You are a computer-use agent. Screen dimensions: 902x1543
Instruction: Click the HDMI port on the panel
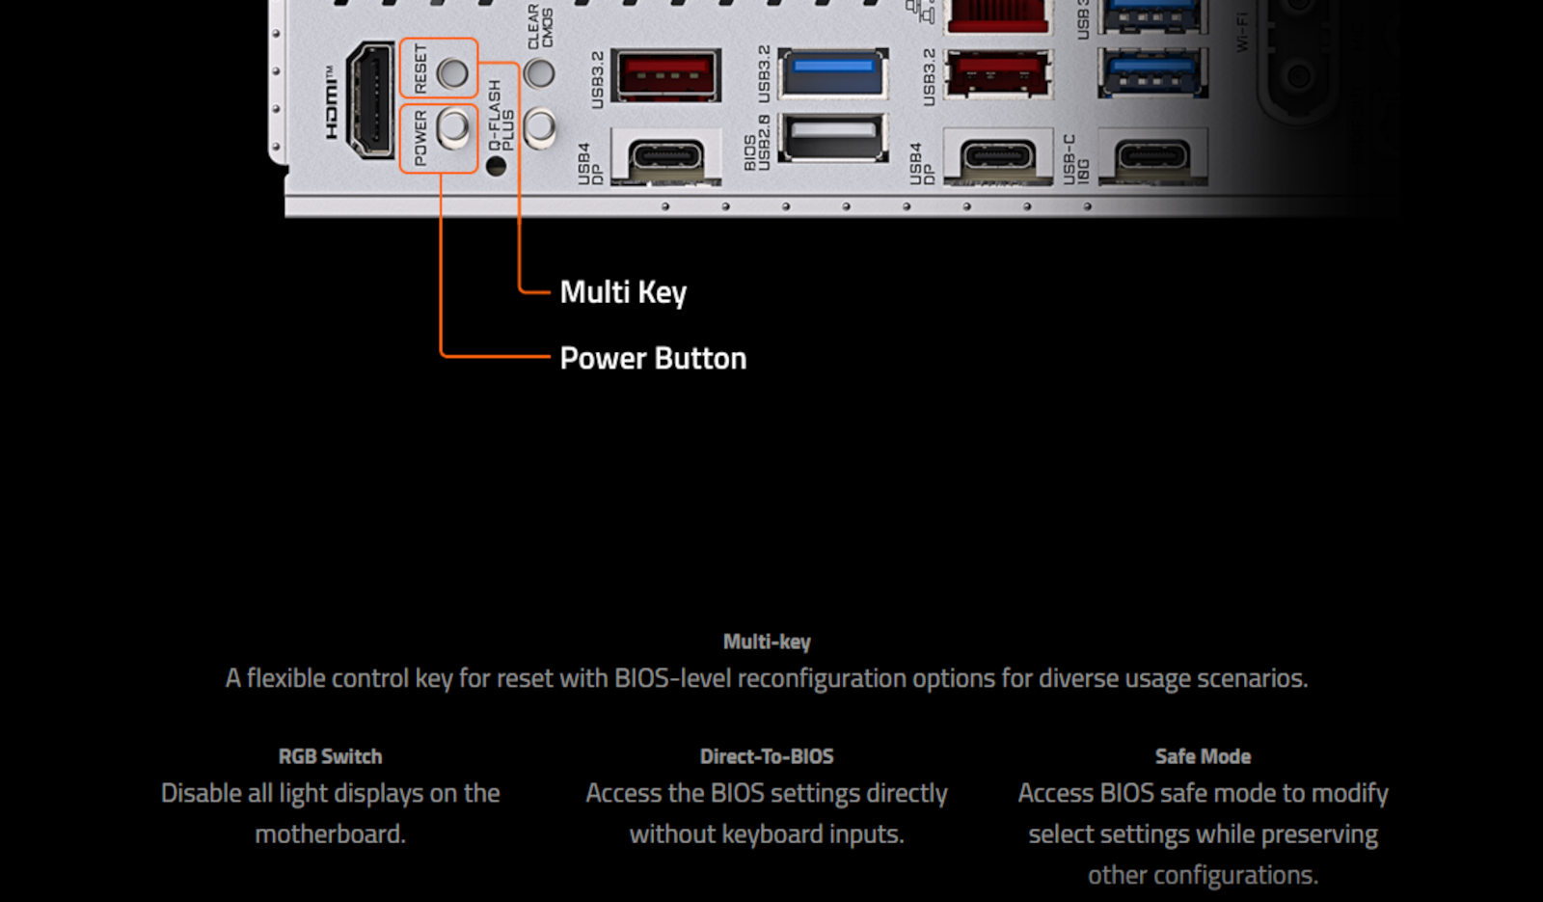(369, 99)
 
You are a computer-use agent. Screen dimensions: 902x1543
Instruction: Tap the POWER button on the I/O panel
(453, 128)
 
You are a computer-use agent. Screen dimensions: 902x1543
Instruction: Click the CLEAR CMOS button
(539, 73)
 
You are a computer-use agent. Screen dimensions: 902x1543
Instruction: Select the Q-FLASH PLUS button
(539, 127)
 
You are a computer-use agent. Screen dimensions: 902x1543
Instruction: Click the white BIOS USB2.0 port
(832, 136)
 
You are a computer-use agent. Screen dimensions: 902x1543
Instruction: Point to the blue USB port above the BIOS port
(832, 73)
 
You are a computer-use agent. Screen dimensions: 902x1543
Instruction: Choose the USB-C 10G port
(1151, 156)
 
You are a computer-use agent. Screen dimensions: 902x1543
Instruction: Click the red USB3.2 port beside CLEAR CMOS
(666, 74)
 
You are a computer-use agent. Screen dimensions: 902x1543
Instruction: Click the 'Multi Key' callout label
(623, 292)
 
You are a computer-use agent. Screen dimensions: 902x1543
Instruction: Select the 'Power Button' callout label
(653, 359)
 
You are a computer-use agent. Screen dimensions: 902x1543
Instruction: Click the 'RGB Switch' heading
(330, 756)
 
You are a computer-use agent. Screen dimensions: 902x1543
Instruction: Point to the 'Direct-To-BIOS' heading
(767, 756)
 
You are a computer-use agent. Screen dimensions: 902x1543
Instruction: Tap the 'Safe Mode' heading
(1203, 756)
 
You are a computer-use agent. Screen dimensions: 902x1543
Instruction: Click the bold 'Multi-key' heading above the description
(767, 642)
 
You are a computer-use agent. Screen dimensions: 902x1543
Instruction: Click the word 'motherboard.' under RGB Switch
(330, 834)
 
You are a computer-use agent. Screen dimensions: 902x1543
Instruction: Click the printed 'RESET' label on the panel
(420, 68)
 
